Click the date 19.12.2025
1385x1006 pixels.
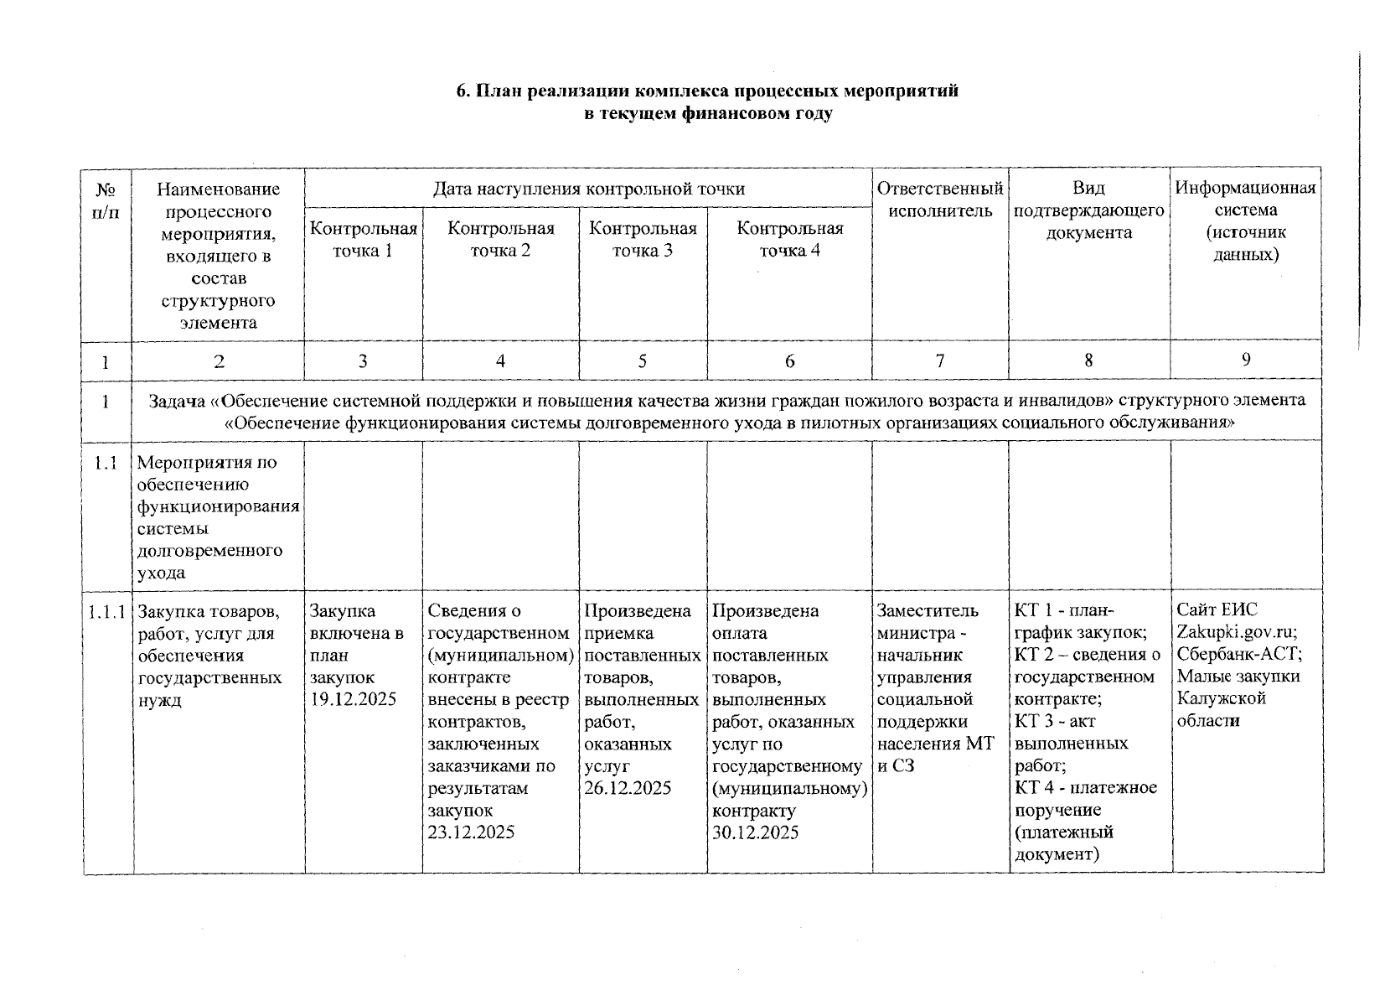[x=353, y=699]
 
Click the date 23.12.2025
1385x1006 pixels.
[x=471, y=832]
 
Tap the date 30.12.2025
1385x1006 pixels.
[x=755, y=832]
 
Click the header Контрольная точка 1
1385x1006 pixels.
[x=363, y=239]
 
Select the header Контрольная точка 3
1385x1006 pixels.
[x=643, y=239]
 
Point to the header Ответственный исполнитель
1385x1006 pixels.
[x=939, y=200]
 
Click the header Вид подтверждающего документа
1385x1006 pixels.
[x=1088, y=210]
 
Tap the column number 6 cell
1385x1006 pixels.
[x=789, y=361]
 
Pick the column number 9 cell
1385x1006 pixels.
[x=1246, y=360]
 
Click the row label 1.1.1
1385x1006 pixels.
[x=107, y=612]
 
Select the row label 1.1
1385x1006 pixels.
[x=106, y=463]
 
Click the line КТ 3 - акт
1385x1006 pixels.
[x=1054, y=721]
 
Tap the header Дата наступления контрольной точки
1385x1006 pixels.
[x=588, y=189]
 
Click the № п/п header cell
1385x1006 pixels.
[x=106, y=200]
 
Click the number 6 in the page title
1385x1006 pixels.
[x=461, y=91]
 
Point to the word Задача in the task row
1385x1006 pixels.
[x=177, y=401]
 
